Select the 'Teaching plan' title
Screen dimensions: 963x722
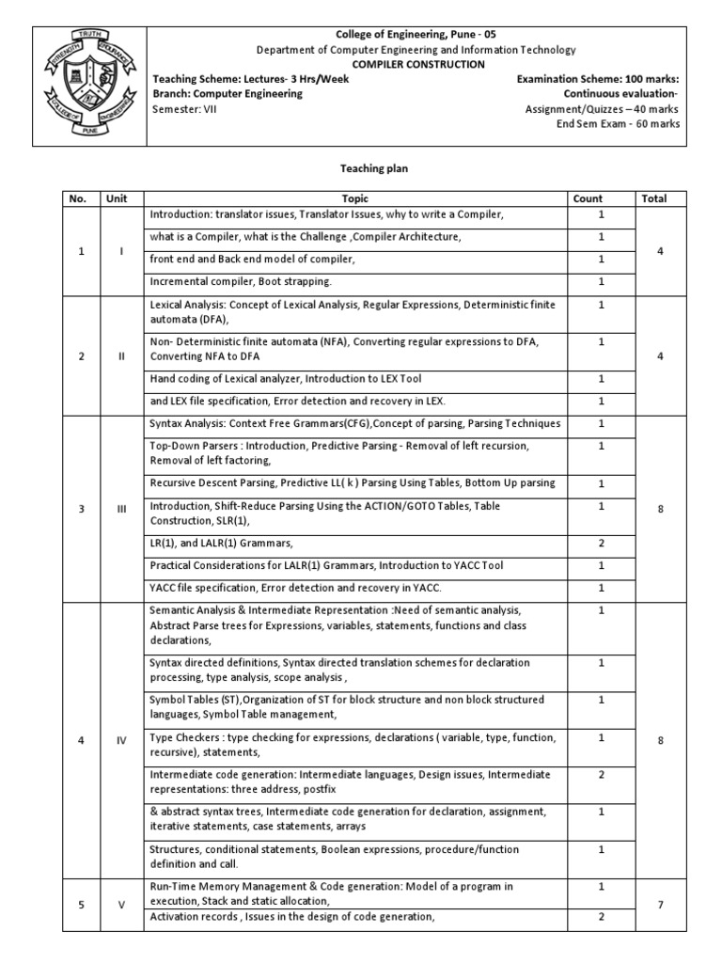click(361, 168)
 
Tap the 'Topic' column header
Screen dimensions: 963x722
click(355, 198)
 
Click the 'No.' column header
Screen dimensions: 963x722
click(78, 198)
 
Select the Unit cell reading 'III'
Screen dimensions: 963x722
click(121, 509)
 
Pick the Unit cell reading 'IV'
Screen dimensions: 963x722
click(121, 740)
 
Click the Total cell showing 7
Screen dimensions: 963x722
click(661, 905)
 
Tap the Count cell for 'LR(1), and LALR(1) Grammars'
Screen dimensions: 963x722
click(601, 543)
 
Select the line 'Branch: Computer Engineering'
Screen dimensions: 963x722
click(228, 94)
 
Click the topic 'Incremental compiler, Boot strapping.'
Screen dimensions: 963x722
click(242, 281)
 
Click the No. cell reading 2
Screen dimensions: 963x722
click(82, 355)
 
